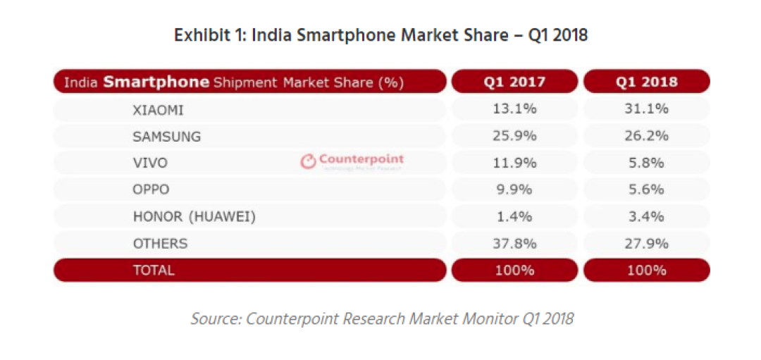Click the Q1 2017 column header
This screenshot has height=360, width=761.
[514, 82]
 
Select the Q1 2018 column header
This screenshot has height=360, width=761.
[646, 82]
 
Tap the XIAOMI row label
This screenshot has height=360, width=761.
[159, 111]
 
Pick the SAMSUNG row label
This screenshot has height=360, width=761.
[166, 137]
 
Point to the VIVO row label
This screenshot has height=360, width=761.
[150, 163]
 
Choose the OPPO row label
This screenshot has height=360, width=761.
[151, 190]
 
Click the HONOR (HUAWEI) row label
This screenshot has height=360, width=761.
[194, 216]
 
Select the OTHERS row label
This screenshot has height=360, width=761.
[160, 243]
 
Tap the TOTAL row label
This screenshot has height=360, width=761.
[154, 270]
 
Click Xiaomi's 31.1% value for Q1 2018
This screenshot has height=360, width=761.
[646, 109]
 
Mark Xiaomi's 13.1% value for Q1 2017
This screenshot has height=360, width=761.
[514, 109]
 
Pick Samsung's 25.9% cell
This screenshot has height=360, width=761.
[514, 136]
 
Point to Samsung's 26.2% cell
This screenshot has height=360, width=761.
[646, 136]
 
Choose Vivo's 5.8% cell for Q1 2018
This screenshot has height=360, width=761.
[646, 163]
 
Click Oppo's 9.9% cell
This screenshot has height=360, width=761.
[514, 190]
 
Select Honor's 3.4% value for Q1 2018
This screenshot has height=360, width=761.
[646, 216]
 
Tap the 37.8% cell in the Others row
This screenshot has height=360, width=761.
[514, 242]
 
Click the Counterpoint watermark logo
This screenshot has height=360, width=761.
[352, 161]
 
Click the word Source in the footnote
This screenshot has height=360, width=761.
[216, 318]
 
